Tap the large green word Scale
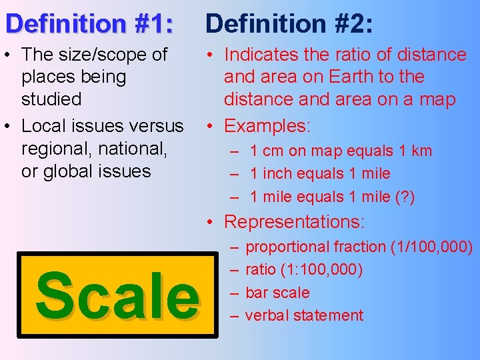117,294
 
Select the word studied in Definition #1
51,99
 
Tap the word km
421,151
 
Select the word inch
275,174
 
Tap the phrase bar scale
277,293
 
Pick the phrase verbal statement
304,315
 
